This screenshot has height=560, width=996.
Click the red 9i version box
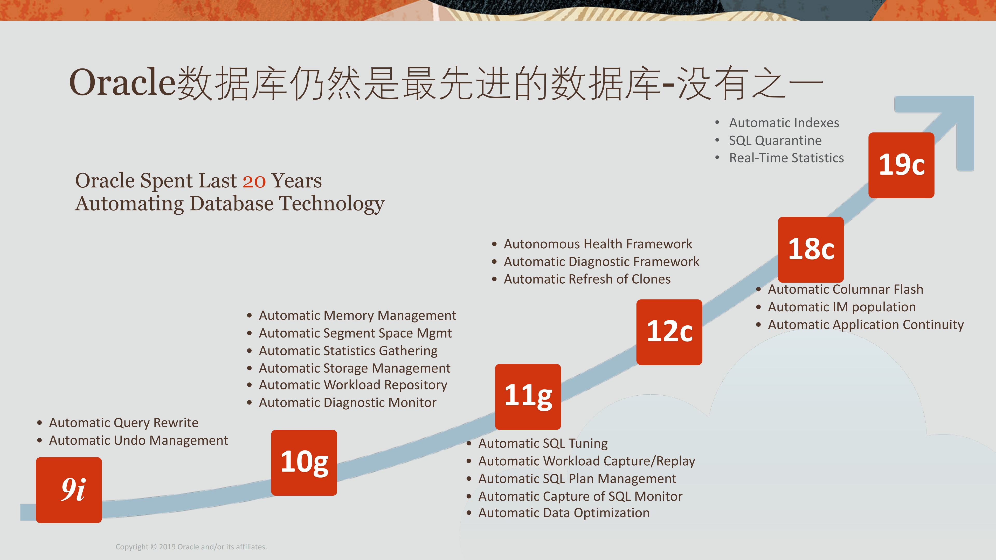click(69, 490)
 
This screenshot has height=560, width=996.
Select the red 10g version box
click(304, 463)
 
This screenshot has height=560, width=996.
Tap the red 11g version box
click(528, 396)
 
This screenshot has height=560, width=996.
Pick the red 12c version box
click(669, 332)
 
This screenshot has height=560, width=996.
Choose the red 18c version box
click(811, 250)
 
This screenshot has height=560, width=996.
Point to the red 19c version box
click(901, 165)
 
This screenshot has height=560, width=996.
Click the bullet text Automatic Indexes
click(784, 123)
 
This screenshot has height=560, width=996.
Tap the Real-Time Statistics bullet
click(786, 158)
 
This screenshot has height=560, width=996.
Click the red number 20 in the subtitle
click(254, 181)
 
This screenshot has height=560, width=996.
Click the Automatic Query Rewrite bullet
click(124, 423)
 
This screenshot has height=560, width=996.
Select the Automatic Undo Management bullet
click(139, 440)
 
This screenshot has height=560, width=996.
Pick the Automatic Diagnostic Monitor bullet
click(348, 403)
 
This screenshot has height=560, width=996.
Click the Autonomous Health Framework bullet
click(598, 244)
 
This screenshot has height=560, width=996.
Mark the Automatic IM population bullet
click(842, 307)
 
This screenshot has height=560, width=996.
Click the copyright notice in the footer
click(191, 547)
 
